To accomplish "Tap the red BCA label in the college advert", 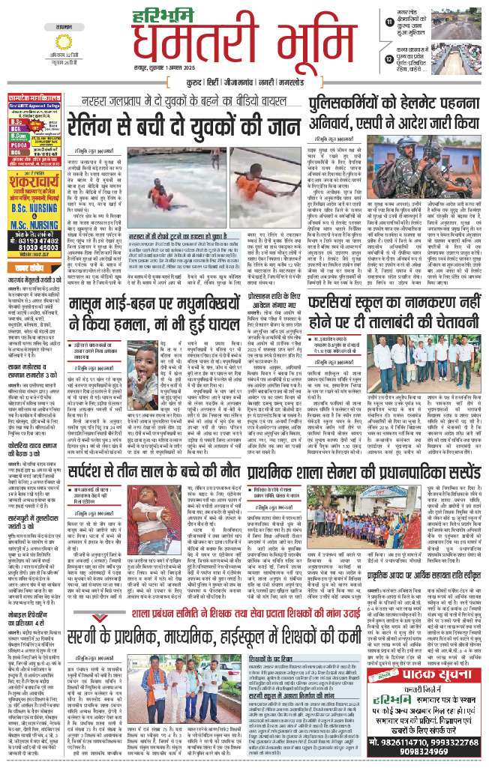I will pyautogui.click(x=17, y=130).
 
